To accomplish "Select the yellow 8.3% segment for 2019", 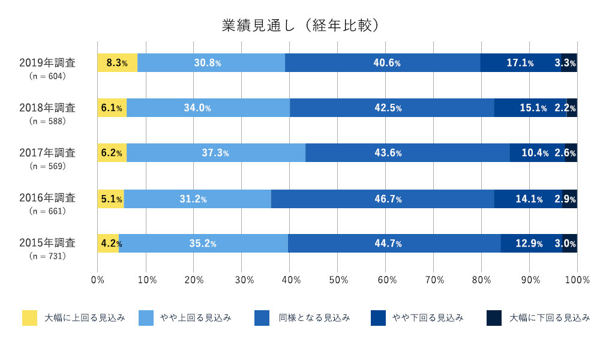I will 117,63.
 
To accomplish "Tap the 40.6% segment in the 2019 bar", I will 382,63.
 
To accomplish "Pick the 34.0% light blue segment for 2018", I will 208,108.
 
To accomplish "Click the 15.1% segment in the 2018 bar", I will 530,108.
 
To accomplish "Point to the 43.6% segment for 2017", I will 407,153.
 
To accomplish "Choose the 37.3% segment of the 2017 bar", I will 215,153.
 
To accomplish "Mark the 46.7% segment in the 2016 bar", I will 382,199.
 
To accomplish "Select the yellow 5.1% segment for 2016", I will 110,199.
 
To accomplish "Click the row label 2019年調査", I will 47,62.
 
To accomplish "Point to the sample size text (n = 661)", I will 47,211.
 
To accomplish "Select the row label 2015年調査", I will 47,243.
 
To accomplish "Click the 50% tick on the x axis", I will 337,280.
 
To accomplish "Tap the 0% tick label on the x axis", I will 97,280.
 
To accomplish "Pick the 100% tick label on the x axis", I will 577,280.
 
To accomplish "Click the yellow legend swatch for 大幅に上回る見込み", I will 30,318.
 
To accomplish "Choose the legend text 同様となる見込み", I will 314,318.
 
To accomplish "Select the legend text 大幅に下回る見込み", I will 550,318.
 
